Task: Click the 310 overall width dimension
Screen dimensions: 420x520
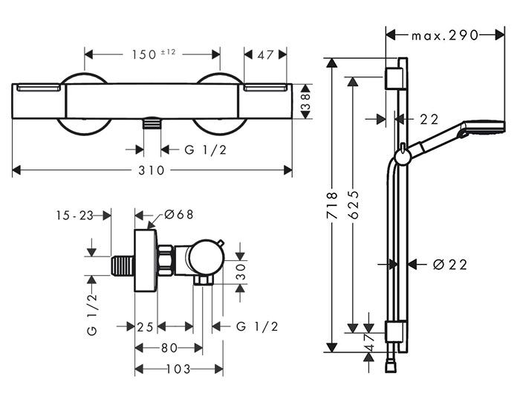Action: click(152, 170)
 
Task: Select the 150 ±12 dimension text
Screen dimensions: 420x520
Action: click(152, 54)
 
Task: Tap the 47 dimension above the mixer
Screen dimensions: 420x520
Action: click(265, 54)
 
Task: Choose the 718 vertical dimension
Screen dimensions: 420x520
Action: click(332, 204)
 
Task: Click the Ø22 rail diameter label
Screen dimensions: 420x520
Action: click(448, 264)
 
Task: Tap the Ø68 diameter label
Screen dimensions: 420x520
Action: click(179, 214)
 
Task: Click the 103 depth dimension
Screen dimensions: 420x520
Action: click(178, 369)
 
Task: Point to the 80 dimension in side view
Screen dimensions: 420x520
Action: click(169, 347)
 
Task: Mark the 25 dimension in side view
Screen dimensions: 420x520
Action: click(145, 326)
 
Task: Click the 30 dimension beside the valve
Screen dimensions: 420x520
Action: click(241, 273)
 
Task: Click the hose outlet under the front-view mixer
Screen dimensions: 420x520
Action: click(152, 124)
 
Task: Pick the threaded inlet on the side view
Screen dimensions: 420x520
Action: click(120, 266)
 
